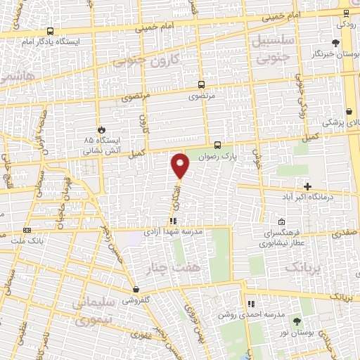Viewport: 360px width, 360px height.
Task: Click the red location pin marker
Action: click(181, 165)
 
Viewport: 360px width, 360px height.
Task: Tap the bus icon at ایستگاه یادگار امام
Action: click(50, 32)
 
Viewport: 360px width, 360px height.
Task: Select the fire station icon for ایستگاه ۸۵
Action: click(101, 129)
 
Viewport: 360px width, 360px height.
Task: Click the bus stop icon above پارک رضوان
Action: click(217, 139)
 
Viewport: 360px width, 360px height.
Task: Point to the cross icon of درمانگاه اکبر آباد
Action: click(307, 186)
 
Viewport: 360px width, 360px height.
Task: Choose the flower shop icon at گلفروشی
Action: click(135, 289)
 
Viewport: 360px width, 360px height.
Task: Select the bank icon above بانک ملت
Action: click(27, 230)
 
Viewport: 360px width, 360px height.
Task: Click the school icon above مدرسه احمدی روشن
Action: click(250, 304)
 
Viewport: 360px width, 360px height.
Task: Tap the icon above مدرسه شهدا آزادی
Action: click(172, 221)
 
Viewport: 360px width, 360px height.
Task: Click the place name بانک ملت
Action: click(27, 240)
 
